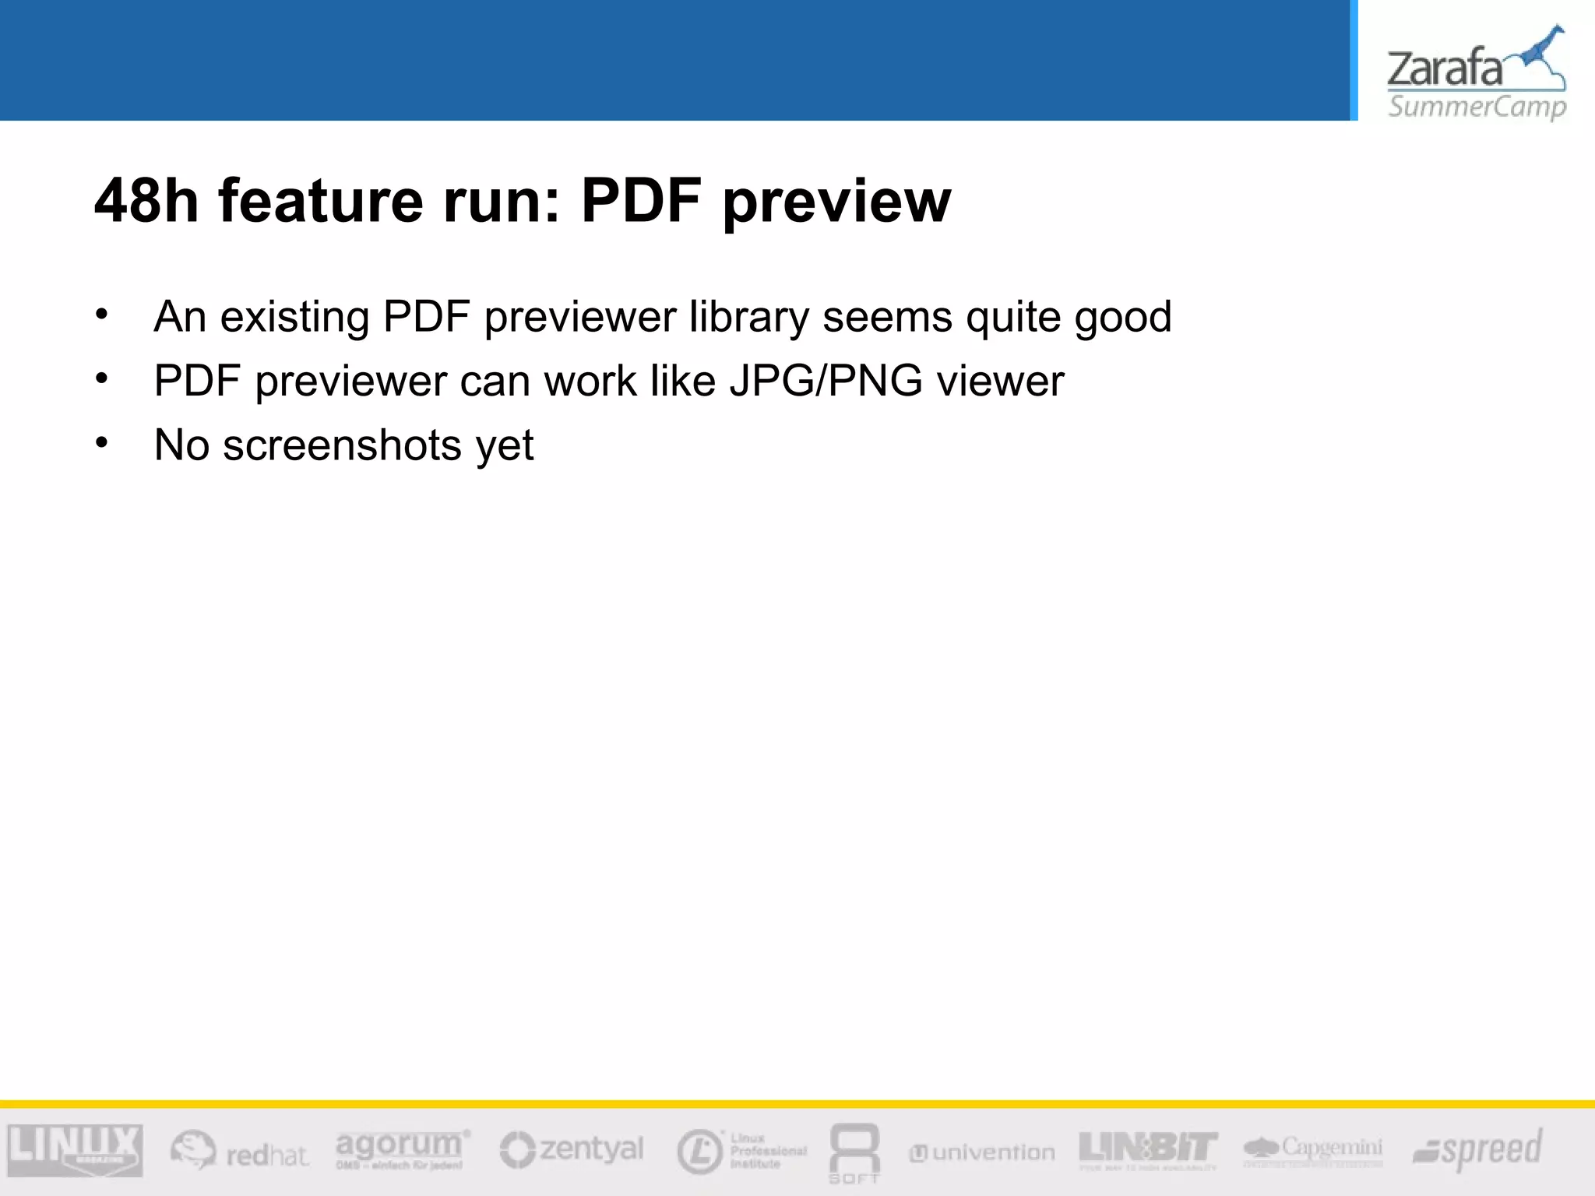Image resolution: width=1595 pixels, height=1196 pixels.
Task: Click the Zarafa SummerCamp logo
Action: pos(1476,74)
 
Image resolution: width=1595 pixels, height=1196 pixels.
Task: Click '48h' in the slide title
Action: pos(146,201)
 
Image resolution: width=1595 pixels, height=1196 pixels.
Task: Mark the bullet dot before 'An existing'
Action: pos(102,315)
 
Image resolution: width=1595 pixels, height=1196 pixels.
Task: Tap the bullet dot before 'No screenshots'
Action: pos(102,443)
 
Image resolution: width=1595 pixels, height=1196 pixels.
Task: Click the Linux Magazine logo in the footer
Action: pos(75,1150)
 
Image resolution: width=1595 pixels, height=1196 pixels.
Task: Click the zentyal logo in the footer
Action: pos(572,1149)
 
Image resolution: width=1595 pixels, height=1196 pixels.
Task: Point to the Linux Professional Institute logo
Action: pos(741,1151)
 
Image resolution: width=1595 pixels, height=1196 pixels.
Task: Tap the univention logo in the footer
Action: pos(982,1152)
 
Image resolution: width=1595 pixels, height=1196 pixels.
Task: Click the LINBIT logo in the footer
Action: pos(1148,1149)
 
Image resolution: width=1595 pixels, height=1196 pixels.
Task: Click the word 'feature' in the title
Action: pos(320,201)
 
